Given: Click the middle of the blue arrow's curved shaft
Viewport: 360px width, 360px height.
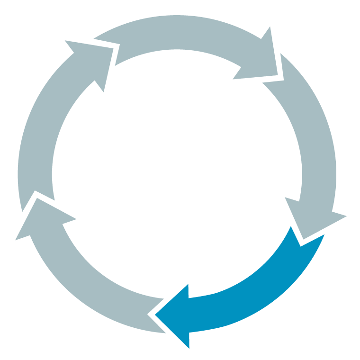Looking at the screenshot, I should tap(256, 289).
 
